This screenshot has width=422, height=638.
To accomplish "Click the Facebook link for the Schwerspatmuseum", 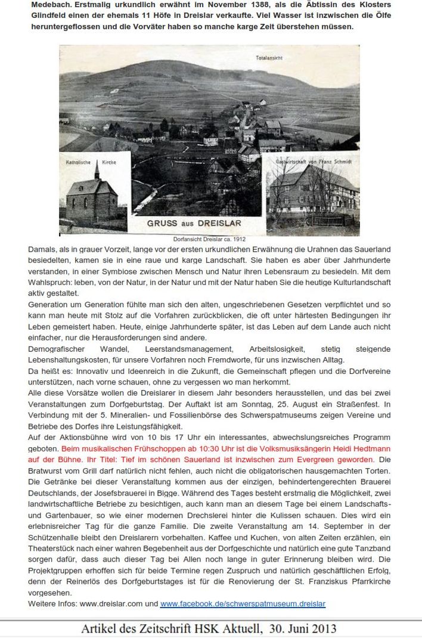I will (x=243, y=603).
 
